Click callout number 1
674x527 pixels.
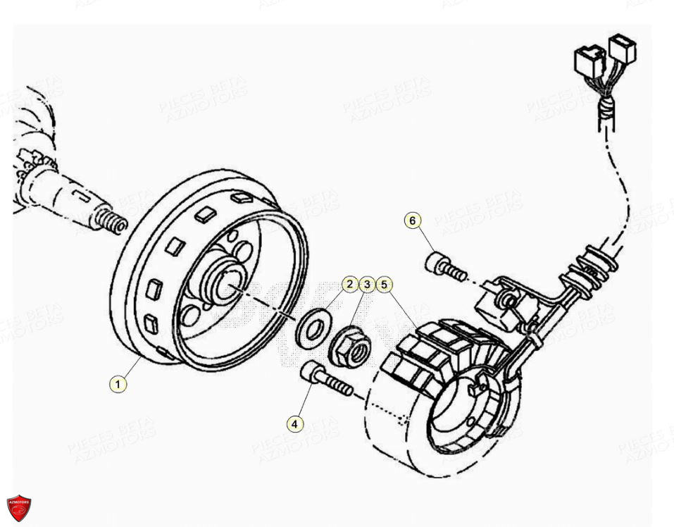coord(118,384)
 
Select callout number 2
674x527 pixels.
coord(350,285)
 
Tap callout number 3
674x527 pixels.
coord(367,285)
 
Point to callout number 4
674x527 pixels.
coord(295,424)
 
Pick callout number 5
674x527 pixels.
coord(384,285)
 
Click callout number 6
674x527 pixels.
coord(413,221)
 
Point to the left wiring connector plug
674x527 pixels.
coord(589,60)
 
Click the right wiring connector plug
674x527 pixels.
coord(623,48)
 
